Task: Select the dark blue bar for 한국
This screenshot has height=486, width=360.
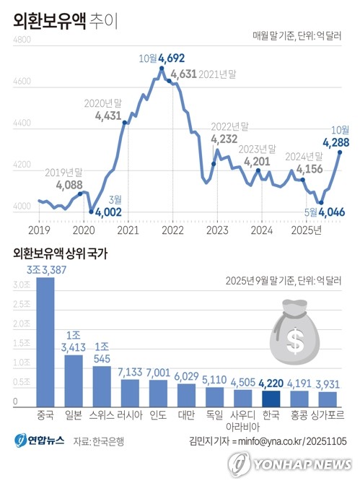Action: pyautogui.click(x=271, y=398)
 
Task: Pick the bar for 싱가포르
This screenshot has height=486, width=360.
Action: pyautogui.click(x=328, y=399)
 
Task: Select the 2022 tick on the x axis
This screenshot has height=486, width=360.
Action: pyautogui.click(x=172, y=230)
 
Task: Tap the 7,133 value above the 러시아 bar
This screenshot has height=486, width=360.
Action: pyautogui.click(x=131, y=370)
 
